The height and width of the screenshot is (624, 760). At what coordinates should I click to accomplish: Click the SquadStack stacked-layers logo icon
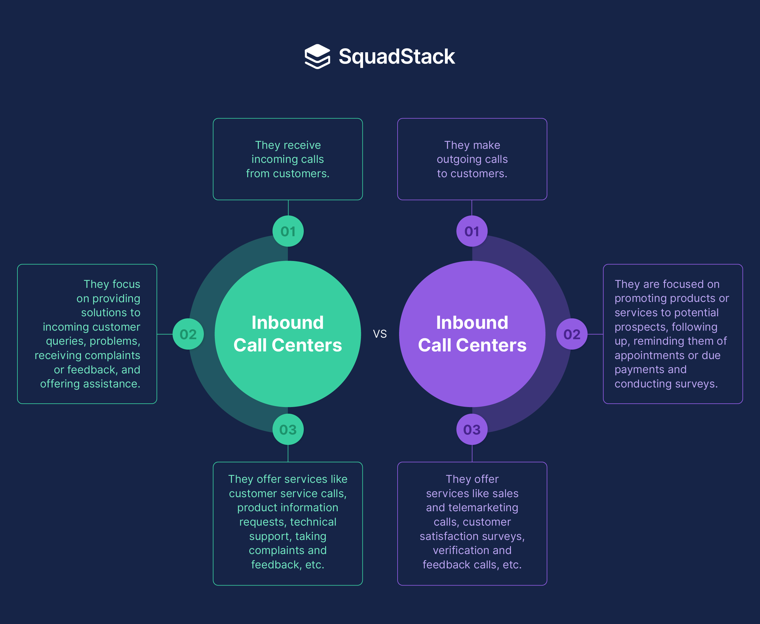pos(317,57)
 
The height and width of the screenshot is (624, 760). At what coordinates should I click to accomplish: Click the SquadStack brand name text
pos(397,57)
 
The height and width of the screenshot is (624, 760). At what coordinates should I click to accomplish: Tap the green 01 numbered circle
pos(288,231)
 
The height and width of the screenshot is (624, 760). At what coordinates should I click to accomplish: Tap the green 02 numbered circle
pos(188,334)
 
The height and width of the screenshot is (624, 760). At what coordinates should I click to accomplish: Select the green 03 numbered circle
pos(288,430)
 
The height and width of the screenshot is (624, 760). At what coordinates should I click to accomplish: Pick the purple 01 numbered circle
pos(472,231)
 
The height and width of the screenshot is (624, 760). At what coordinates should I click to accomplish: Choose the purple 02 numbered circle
pos(572,334)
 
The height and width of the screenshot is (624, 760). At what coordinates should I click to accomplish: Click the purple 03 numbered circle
pos(472,430)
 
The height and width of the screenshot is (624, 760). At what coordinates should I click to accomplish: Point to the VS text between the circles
pos(380,334)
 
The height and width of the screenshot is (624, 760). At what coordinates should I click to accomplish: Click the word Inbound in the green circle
pos(288,322)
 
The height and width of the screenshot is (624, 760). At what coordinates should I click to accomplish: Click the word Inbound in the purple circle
pos(472,322)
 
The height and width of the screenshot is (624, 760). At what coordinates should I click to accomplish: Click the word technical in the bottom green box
pos(313,522)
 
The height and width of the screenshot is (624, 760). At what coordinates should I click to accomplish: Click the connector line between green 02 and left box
pos(165,334)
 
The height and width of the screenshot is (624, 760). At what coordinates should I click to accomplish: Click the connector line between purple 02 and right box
pos(595,334)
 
